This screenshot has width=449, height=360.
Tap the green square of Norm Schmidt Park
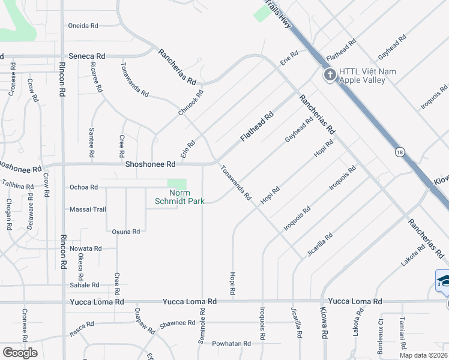tap(176, 184)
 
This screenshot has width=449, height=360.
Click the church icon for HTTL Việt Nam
tap(329, 76)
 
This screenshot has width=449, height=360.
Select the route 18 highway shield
tap(400, 152)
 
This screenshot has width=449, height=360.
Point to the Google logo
tap(20, 353)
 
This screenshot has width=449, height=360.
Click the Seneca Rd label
tap(88, 56)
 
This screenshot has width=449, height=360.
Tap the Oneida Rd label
tap(82, 26)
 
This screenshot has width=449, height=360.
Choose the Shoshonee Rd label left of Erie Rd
tap(150, 164)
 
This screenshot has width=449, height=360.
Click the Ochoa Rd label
tap(83, 187)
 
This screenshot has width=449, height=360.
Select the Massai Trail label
tap(90, 209)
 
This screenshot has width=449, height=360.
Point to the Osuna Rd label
tap(126, 231)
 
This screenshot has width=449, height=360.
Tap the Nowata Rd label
tap(86, 248)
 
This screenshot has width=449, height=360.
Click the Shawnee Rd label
tap(178, 323)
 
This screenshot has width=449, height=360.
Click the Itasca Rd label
tap(82, 325)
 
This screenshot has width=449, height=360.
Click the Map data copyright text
tap(423, 355)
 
